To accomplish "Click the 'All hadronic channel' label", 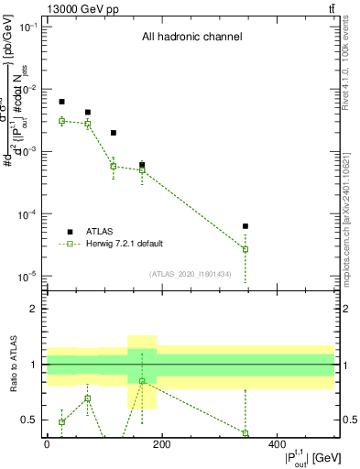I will tap(191, 38).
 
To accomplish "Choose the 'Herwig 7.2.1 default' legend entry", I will tap(125, 244).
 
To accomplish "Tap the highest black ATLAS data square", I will tap(62, 102).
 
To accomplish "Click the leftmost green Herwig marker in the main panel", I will tap(62, 121).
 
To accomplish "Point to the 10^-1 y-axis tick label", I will tap(29, 27).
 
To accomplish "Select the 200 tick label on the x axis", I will tap(161, 443).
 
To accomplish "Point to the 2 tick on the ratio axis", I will tap(35, 309).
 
